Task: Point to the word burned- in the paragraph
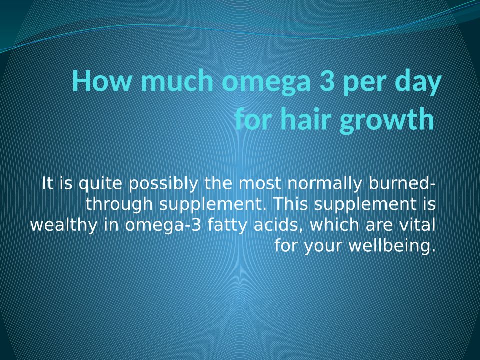click(x=402, y=183)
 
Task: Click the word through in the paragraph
click(x=119, y=205)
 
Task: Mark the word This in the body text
click(x=291, y=204)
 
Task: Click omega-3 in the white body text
click(x=163, y=226)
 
